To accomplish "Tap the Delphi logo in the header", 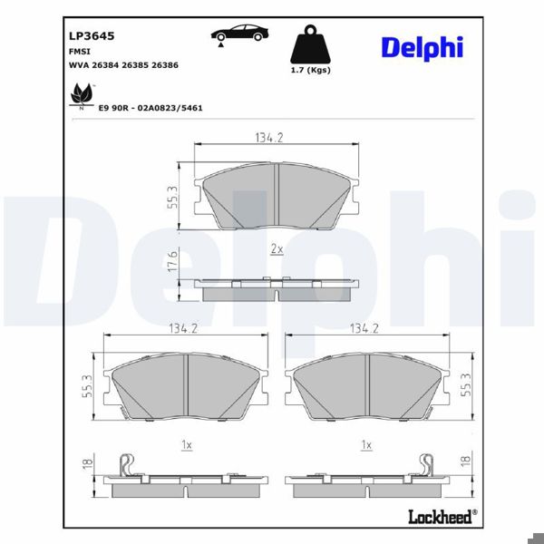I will (422, 48).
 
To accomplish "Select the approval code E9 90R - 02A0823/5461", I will (151, 107).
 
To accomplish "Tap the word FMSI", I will (80, 52).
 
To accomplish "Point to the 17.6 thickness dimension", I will (172, 262).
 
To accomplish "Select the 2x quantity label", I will (277, 248).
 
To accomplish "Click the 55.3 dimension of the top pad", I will (172, 197).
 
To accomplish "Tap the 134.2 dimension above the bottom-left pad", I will (183, 328).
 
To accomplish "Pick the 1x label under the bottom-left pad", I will (186, 445).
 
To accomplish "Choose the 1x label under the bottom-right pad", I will (366, 445).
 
